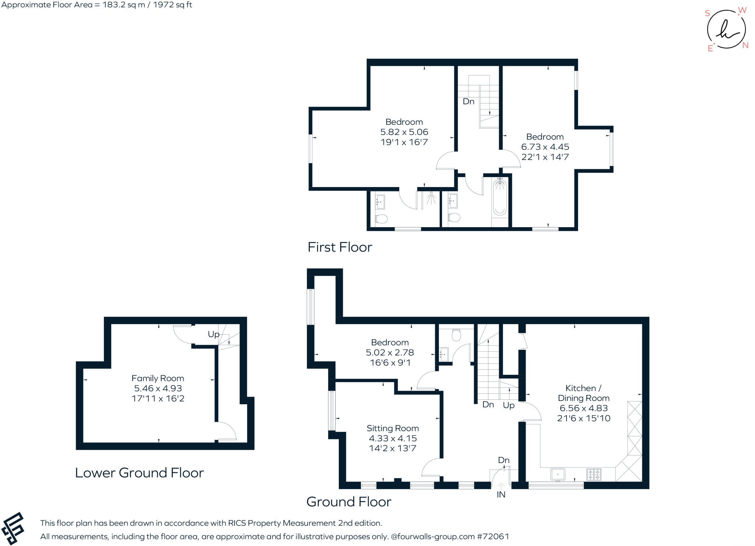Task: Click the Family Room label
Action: [158, 378]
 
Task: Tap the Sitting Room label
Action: [393, 428]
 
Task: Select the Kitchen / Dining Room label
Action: [584, 393]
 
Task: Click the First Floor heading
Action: [340, 247]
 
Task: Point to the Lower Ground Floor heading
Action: [139, 473]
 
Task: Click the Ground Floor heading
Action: [349, 502]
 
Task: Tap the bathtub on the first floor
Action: [500, 197]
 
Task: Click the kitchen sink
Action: [558, 475]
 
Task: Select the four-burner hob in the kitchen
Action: [594, 475]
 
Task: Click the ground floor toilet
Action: [456, 335]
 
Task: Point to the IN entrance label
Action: [501, 495]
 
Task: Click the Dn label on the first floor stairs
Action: [469, 102]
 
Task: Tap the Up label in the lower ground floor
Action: [213, 335]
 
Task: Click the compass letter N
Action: [745, 46]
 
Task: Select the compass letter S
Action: [707, 13]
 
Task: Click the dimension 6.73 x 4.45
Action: [545, 147]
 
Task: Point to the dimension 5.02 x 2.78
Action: [390, 353]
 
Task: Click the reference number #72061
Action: [493, 536]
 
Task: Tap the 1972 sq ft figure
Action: [173, 5]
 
